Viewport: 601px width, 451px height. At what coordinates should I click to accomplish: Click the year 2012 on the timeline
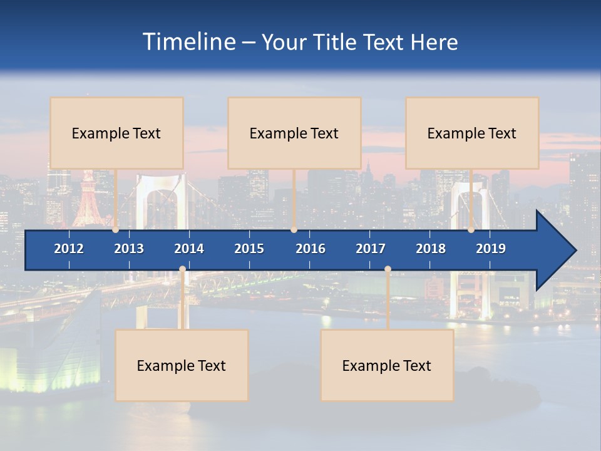[69, 249]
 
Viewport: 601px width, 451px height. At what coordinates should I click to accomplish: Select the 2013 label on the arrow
[129, 249]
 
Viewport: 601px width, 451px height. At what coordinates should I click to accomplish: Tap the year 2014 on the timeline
[189, 249]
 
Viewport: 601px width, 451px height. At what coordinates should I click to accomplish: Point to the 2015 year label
[249, 249]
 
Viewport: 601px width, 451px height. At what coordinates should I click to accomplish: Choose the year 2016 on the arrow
[311, 249]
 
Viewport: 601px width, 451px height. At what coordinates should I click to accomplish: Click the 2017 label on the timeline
[371, 249]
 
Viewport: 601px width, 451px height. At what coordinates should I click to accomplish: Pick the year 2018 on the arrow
[431, 249]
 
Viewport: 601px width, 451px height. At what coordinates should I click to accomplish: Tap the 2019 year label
[491, 249]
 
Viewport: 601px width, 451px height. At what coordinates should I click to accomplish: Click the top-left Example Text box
[116, 133]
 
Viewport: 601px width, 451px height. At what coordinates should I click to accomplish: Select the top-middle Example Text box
[294, 133]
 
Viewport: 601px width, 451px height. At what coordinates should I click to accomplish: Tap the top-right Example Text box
[472, 133]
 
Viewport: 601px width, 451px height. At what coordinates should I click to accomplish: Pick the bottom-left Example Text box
[182, 365]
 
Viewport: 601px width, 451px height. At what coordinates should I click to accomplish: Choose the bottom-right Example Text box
[387, 365]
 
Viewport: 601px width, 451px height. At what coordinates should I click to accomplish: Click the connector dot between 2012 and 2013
[116, 230]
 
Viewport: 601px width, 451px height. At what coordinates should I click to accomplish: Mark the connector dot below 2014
[182, 269]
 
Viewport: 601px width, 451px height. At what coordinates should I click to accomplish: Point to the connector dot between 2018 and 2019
[471, 230]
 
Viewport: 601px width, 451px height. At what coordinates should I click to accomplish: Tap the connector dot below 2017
[388, 269]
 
